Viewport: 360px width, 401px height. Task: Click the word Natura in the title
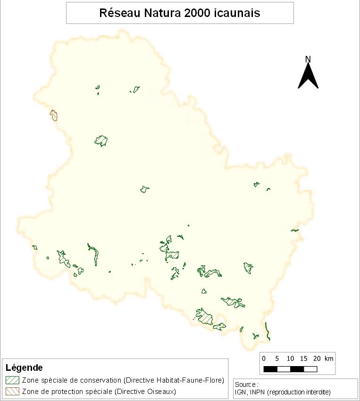coord(158,13)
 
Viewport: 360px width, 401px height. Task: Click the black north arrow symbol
coord(308,77)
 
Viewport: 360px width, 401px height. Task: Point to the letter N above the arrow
coord(308,59)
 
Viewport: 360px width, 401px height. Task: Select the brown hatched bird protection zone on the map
coord(54,115)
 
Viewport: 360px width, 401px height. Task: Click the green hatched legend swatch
coord(12,380)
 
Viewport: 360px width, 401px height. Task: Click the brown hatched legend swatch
coord(12,391)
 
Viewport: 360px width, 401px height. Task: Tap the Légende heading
coord(24,368)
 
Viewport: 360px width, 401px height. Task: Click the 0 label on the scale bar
coord(263,359)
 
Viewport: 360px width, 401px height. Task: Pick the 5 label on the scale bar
coord(277,359)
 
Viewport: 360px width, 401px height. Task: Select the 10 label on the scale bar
coord(290,359)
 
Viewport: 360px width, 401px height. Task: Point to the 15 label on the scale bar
coord(304,359)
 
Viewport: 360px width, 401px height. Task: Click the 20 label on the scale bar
coord(317,359)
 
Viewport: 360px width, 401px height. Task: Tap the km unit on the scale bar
coord(329,359)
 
